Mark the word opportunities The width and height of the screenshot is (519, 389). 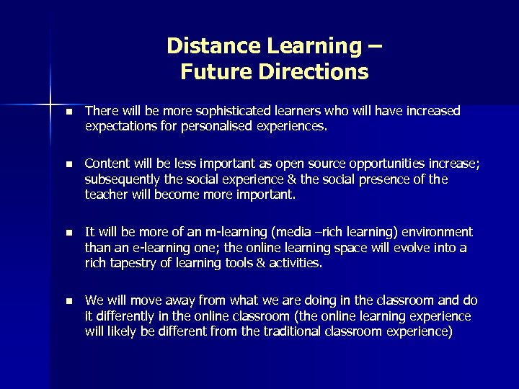(369, 164)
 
